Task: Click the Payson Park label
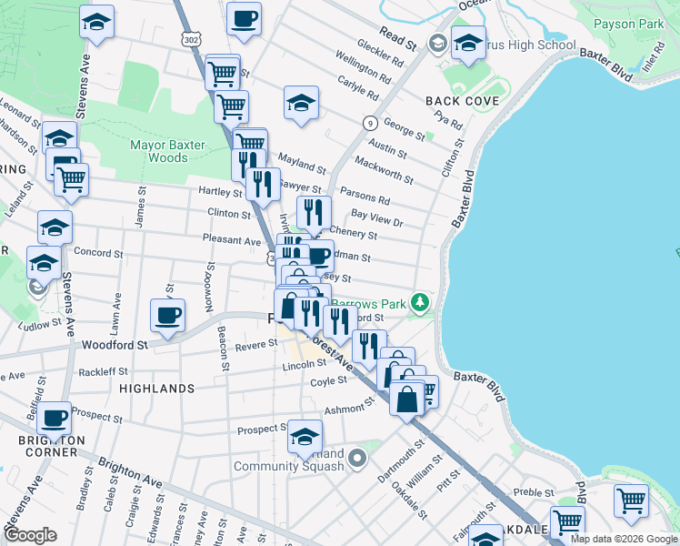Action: [628, 24]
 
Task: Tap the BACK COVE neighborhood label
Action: [462, 100]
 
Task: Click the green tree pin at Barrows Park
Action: [419, 301]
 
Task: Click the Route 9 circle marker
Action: [370, 123]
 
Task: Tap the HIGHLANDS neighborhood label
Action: [157, 389]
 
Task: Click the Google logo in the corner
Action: [31, 535]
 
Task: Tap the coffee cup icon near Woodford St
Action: [167, 317]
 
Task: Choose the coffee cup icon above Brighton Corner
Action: [54, 419]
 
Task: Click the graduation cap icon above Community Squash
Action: [305, 436]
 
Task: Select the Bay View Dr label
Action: [376, 217]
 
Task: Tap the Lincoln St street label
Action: [304, 363]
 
